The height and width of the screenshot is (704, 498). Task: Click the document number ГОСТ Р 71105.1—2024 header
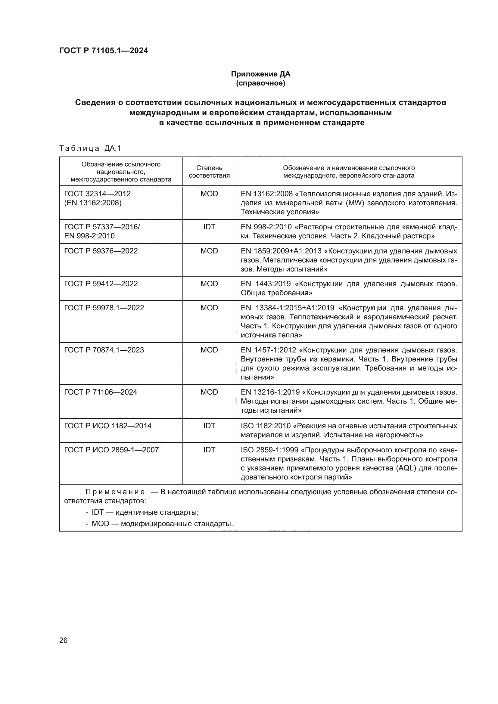[x=103, y=51]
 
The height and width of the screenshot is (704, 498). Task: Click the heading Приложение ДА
[x=260, y=74]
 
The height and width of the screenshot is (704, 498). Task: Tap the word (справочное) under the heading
[x=260, y=83]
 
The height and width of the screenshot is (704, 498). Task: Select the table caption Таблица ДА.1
[x=90, y=148]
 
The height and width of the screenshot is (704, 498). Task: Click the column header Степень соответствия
[x=209, y=172]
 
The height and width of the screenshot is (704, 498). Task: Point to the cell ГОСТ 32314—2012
[x=98, y=194]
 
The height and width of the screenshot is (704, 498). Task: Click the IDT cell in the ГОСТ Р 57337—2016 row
[x=209, y=227]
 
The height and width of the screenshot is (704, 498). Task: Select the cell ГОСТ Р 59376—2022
[x=101, y=251]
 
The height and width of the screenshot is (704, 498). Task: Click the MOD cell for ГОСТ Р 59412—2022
[x=209, y=284]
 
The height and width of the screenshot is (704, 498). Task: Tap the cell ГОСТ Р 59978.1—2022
[x=104, y=308]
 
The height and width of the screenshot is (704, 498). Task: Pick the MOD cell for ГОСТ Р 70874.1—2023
[x=209, y=350]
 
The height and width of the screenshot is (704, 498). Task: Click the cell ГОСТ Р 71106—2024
[x=101, y=392]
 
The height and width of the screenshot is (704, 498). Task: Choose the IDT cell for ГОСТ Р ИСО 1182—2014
[x=209, y=426]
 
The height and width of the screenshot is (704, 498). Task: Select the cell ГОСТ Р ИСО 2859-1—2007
[x=111, y=450]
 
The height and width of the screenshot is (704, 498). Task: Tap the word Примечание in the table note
[x=115, y=492]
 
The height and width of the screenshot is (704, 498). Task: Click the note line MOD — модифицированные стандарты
[x=162, y=523]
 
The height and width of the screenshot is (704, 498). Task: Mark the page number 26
[x=63, y=640]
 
